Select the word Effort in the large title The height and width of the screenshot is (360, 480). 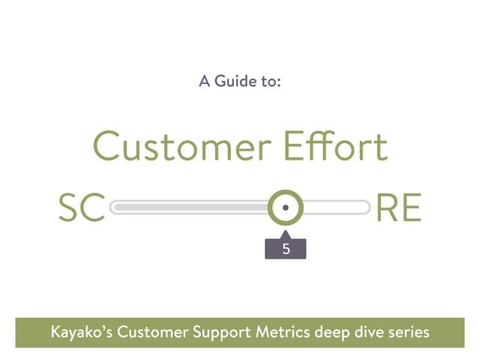click(x=336, y=146)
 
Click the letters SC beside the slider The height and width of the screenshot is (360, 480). click(x=82, y=208)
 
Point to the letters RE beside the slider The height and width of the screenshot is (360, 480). click(x=398, y=208)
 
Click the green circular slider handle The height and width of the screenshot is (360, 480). click(x=286, y=207)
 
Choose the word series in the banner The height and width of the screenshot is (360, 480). click(x=409, y=331)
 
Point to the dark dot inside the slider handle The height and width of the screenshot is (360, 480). click(x=286, y=207)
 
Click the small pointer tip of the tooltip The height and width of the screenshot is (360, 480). click(x=286, y=233)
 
